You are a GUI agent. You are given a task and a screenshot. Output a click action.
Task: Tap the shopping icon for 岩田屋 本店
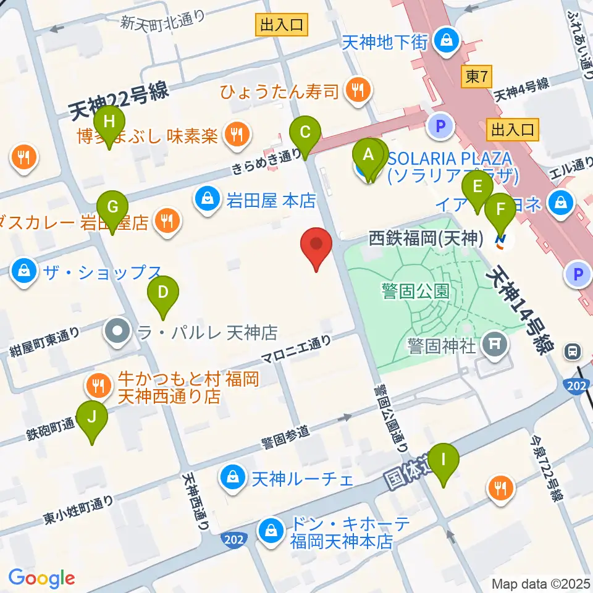(206, 200)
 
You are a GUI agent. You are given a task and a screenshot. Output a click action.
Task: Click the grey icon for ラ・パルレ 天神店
(117, 332)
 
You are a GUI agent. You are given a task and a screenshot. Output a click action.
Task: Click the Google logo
(41, 578)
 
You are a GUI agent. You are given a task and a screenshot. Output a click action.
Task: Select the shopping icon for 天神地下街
(444, 41)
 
